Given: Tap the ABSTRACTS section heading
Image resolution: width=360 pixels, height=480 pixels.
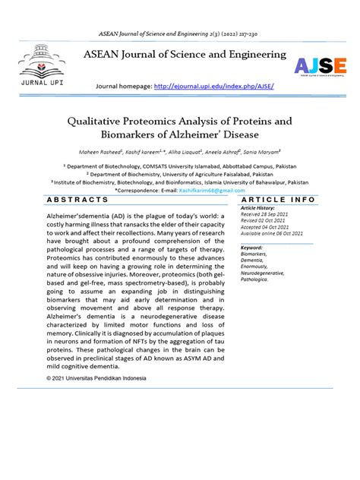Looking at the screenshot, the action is (x=78, y=199).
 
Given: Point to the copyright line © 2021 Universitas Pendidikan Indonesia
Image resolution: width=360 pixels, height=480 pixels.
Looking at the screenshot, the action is (x=105, y=377).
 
